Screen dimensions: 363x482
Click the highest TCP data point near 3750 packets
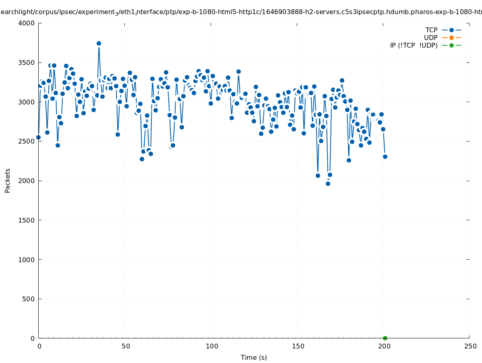coord(99,43)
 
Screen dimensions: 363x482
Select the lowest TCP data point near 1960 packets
coord(328,184)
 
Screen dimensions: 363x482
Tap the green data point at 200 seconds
coord(385,338)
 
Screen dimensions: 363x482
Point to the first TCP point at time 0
coord(38,137)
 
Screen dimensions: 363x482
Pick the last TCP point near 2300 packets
coord(385,156)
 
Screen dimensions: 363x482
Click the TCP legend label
coord(431,30)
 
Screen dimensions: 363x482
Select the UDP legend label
coord(430,38)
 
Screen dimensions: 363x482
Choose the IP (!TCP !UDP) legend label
coord(414,45)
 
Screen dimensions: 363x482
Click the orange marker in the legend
coord(451,38)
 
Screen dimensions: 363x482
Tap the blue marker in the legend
coord(451,30)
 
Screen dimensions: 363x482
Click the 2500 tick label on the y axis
coord(27,141)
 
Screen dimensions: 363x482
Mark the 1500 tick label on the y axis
coord(27,220)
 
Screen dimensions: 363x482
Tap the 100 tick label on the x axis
coord(211,346)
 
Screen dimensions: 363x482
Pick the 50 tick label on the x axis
coord(126,346)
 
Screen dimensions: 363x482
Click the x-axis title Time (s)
coord(254,357)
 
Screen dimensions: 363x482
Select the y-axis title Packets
coord(8,180)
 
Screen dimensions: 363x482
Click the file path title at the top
coord(241,12)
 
